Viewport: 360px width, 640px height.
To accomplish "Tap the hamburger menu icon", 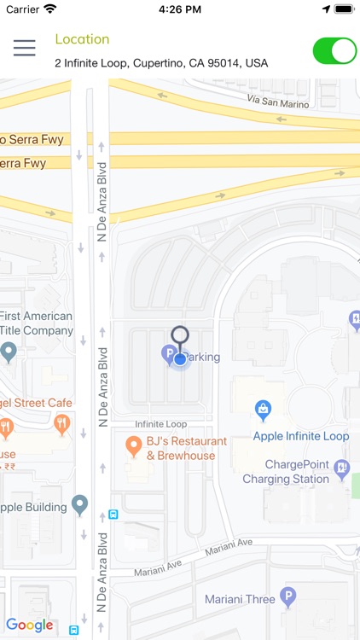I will [24, 48].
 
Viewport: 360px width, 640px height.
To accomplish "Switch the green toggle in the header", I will [334, 50].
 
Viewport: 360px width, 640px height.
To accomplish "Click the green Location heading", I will [82, 39].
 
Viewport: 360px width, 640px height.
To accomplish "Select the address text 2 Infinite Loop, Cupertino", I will [161, 63].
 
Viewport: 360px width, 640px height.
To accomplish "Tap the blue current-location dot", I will [180, 359].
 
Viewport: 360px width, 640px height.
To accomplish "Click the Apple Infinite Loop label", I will [300, 436].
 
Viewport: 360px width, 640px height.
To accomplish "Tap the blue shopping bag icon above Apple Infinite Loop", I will [264, 411].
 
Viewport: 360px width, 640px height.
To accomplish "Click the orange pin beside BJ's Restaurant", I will [133, 445].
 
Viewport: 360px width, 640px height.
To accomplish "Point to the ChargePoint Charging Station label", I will [285, 472].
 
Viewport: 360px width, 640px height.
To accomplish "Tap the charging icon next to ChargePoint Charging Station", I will [342, 468].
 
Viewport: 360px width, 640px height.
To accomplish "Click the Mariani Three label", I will [240, 599].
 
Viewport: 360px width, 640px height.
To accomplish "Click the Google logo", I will [30, 625].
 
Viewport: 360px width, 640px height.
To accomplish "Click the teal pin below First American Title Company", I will [9, 351].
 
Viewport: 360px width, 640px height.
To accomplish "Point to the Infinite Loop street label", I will [160, 424].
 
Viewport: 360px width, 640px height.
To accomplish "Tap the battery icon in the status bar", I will [344, 9].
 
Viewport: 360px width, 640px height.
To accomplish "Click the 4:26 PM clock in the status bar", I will [179, 9].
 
